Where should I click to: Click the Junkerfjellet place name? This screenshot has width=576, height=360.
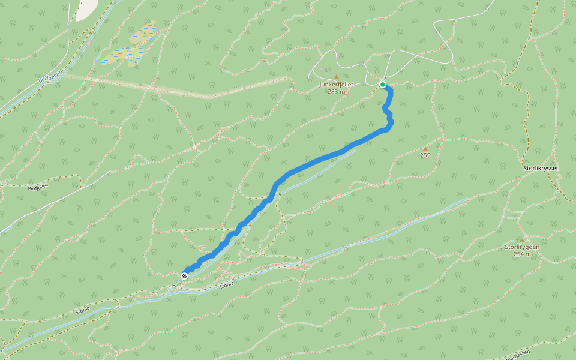pyautogui.click(x=336, y=85)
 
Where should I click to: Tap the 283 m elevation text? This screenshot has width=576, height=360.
pyautogui.click(x=336, y=91)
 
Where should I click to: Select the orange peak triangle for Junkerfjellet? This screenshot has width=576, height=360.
pyautogui.click(x=336, y=77)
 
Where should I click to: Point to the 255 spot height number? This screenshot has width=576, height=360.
pyautogui.click(x=425, y=155)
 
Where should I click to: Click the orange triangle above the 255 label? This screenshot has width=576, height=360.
pyautogui.click(x=425, y=149)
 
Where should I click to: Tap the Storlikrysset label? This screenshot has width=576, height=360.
pyautogui.click(x=541, y=168)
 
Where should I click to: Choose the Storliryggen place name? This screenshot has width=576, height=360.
pyautogui.click(x=521, y=247)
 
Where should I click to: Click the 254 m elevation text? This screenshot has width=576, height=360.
pyautogui.click(x=521, y=254)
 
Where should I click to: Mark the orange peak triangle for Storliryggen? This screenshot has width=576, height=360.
pyautogui.click(x=521, y=240)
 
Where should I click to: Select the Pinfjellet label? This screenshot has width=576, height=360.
pyautogui.click(x=37, y=187)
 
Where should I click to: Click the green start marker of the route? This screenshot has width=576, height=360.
pyautogui.click(x=383, y=85)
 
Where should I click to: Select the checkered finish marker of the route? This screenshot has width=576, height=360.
pyautogui.click(x=184, y=276)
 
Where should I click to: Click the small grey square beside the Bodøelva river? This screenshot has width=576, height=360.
pyautogui.click(x=88, y=43)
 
